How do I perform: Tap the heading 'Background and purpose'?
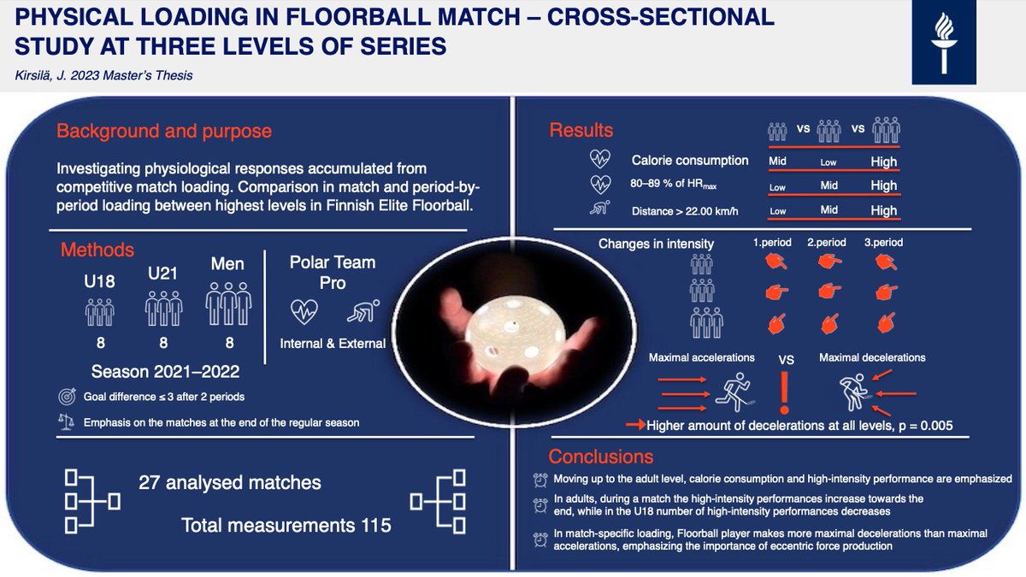point(164,132)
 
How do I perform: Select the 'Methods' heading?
point(97,250)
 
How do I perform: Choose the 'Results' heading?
point(581,131)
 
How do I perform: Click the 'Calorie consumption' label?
point(690,161)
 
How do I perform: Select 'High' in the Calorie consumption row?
point(883,162)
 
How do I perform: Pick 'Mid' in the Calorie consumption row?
point(777,162)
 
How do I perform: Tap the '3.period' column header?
point(883,243)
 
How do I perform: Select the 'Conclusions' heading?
point(601,456)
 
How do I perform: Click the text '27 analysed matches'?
point(230,483)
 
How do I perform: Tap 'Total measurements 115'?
point(286,525)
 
